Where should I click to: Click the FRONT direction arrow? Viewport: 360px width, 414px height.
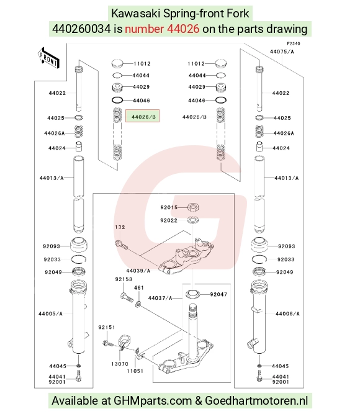[48, 58]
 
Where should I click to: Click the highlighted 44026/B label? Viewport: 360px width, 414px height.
[142, 116]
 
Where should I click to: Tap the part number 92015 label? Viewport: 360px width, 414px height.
[169, 207]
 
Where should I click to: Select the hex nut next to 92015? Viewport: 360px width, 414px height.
[193, 207]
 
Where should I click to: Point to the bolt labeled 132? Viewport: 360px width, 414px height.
[121, 245]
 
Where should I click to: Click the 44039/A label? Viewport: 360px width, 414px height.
[138, 271]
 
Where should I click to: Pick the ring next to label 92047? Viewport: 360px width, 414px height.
[192, 294]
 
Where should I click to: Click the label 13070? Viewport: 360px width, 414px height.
[120, 364]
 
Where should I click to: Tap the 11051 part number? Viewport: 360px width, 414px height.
[135, 371]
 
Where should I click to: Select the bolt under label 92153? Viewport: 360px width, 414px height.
[127, 297]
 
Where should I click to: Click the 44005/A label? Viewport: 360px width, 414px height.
[50, 313]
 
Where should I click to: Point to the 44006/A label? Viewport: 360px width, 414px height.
[287, 313]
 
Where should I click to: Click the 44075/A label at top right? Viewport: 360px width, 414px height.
[282, 52]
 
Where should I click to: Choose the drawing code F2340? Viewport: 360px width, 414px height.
[294, 43]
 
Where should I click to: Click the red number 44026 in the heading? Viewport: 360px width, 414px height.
[183, 29]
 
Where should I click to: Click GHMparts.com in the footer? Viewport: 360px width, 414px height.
[153, 400]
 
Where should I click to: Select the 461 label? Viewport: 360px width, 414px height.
[139, 287]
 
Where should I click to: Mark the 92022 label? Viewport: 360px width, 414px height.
[169, 220]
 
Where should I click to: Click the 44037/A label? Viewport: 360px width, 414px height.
[160, 298]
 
